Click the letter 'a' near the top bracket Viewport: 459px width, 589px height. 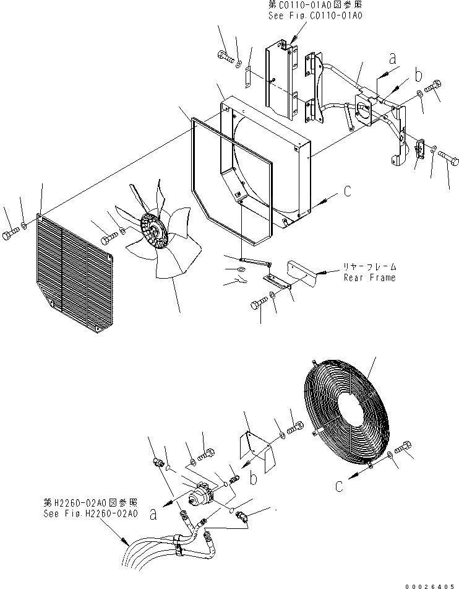pos(391,59)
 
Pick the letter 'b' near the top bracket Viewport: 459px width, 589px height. pos(418,76)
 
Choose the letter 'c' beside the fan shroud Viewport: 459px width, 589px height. pos(348,192)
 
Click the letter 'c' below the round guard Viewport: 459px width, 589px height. pos(338,486)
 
